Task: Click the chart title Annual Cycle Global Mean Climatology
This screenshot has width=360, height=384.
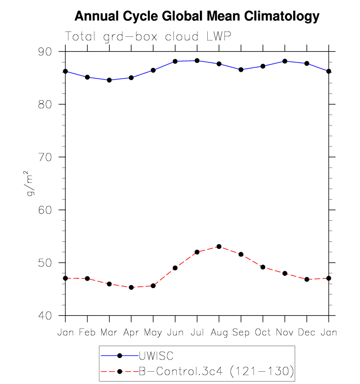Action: pos(197,17)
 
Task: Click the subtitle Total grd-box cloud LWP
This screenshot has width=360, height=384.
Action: pos(148,37)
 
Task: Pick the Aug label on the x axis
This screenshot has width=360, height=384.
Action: pos(219,332)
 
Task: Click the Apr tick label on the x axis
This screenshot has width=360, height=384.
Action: pos(131,333)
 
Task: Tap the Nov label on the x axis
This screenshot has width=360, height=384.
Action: pos(284,332)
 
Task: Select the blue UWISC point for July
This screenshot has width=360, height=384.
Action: pos(197,60)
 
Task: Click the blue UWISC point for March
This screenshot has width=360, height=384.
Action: pos(109,80)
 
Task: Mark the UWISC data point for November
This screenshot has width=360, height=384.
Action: pos(285,61)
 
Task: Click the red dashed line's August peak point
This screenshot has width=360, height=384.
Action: pos(219,246)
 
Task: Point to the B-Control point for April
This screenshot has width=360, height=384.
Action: pos(131,287)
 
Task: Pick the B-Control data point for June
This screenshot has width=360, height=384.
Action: pos(175,268)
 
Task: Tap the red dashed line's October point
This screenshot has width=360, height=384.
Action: pos(263,267)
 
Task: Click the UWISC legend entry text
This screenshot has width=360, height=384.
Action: pos(156,355)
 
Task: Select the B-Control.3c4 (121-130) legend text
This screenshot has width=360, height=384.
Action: pos(216,371)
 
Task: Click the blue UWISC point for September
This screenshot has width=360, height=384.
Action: pos(241,70)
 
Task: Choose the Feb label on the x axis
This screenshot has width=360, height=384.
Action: pos(87,332)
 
